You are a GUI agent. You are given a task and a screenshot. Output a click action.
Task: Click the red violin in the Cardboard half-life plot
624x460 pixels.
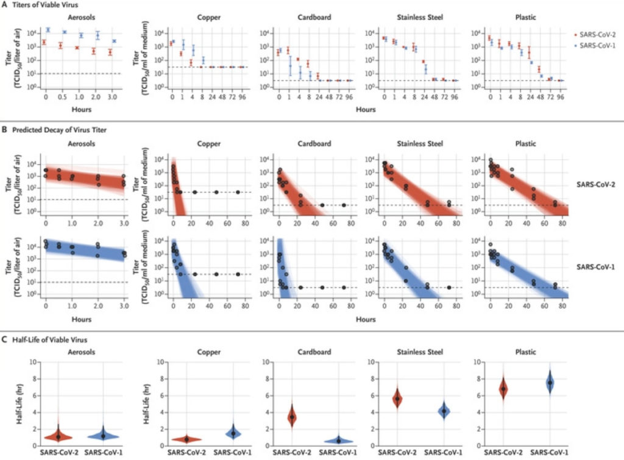(292, 416)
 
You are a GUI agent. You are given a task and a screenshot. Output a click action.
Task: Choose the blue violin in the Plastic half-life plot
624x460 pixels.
(550, 382)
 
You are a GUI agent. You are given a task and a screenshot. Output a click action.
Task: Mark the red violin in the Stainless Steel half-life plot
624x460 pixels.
(397, 398)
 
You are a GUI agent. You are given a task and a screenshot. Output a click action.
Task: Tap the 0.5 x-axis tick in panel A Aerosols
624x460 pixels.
(60, 97)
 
